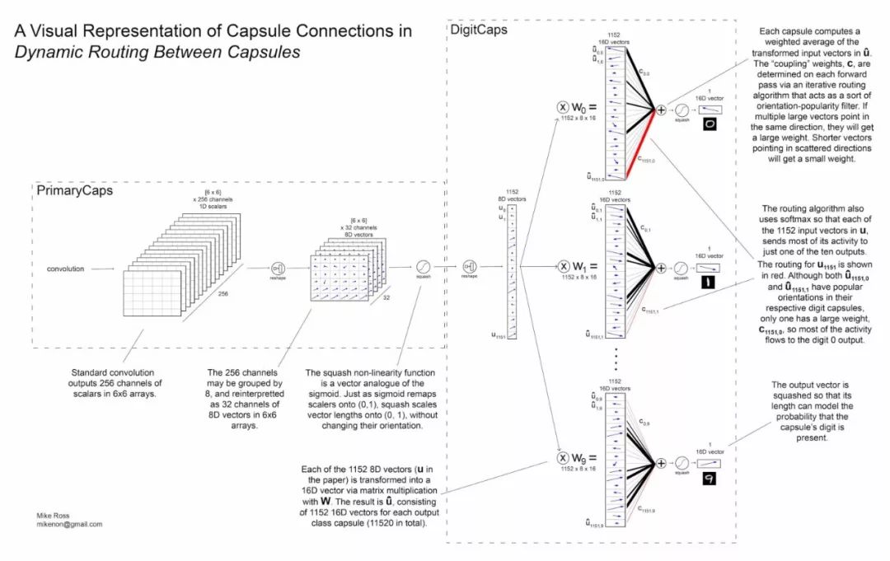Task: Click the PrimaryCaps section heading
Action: pos(75,190)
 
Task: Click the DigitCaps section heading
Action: pos(478,30)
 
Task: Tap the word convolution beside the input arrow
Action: pos(65,269)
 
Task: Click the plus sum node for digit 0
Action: pos(660,110)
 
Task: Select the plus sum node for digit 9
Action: pos(660,463)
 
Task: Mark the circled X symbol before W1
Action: pos(563,268)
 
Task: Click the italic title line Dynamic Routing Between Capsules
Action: pos(157,52)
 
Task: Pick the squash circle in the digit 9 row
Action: pos(682,463)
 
